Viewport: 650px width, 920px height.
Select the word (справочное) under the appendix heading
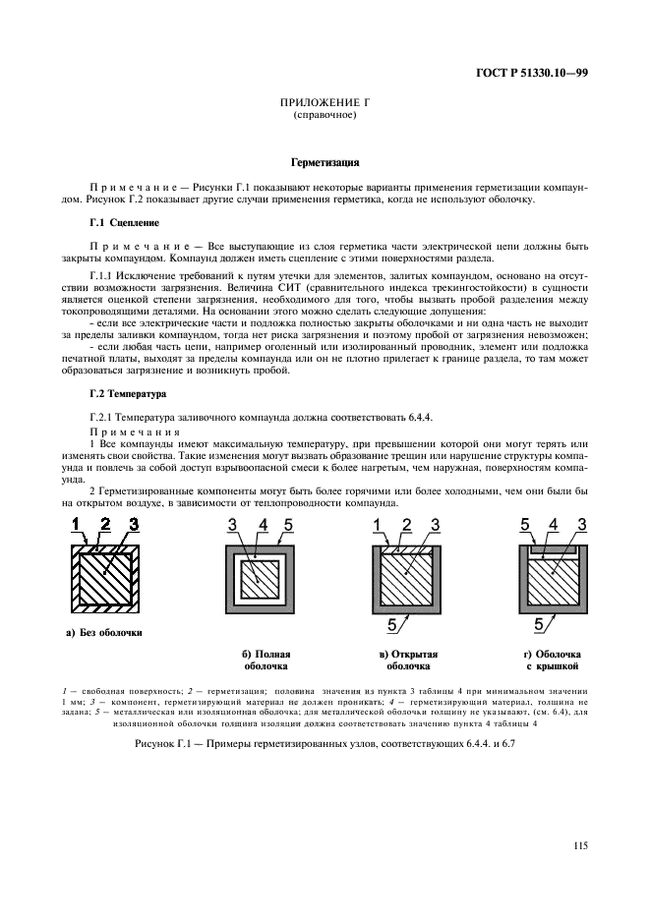[x=324, y=115]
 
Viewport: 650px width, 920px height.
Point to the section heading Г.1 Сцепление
[x=121, y=223]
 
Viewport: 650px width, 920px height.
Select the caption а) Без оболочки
[x=104, y=632]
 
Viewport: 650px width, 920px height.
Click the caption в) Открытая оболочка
[x=407, y=659]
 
